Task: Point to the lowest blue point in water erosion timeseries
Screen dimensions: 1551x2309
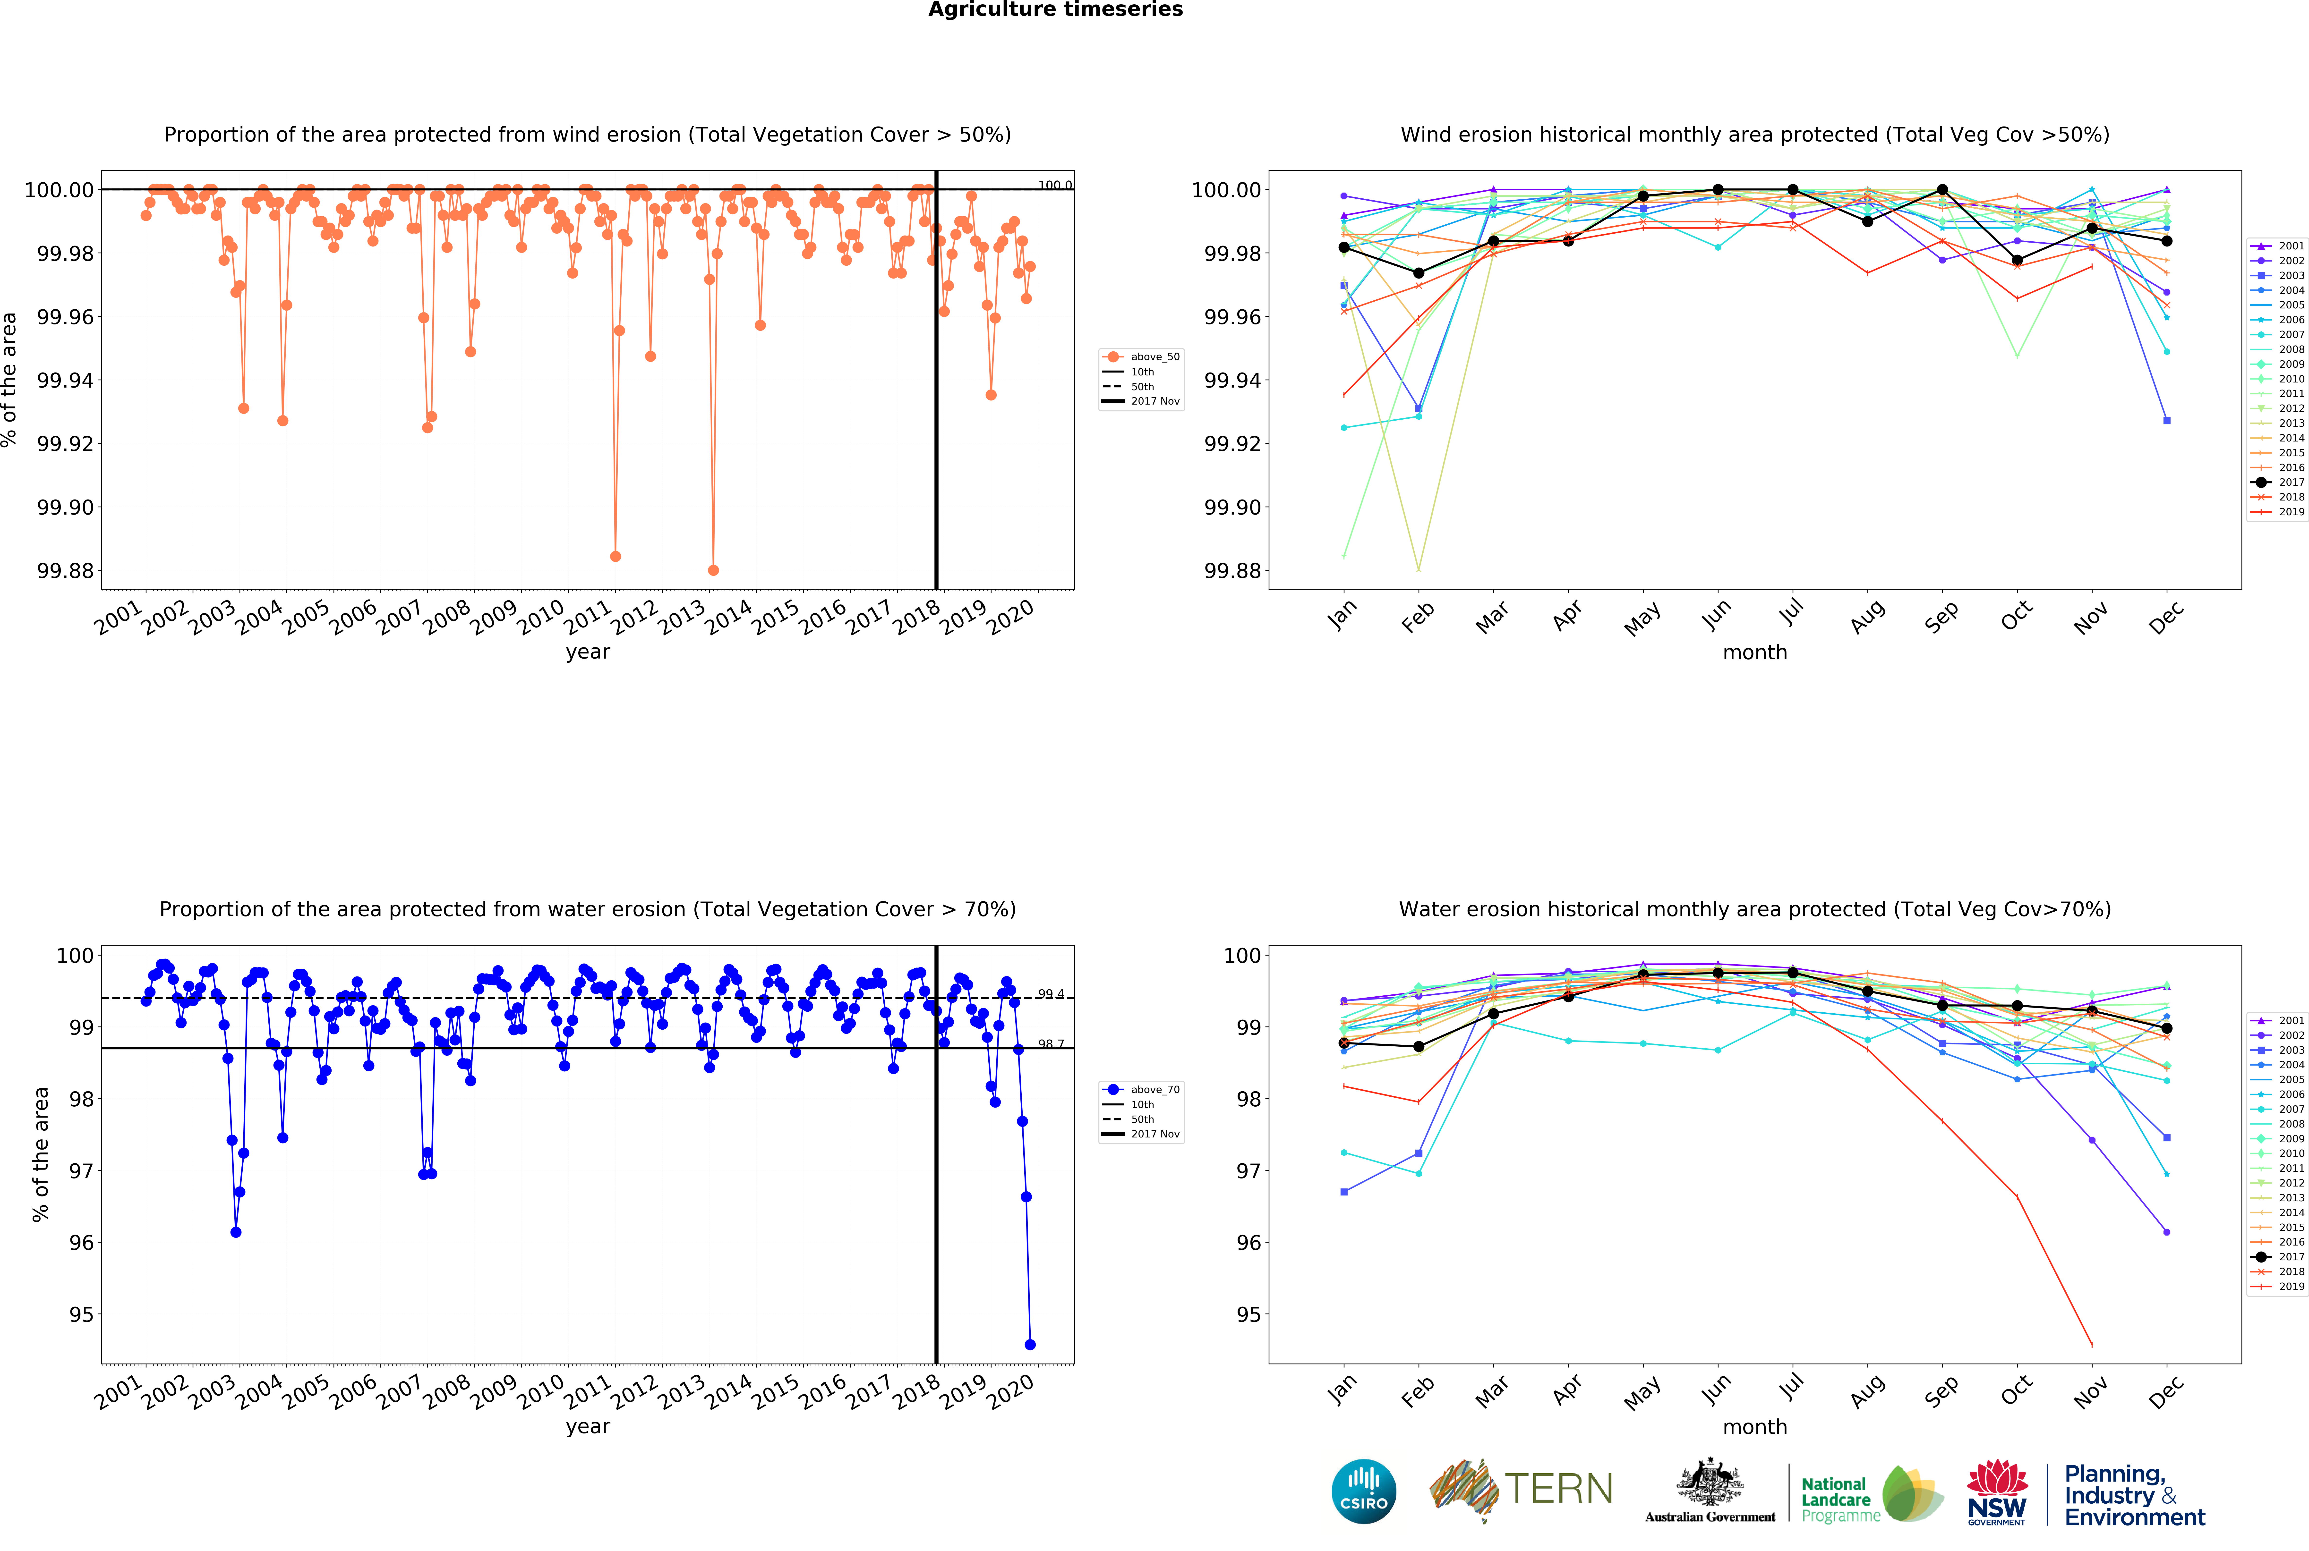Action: click(1030, 1344)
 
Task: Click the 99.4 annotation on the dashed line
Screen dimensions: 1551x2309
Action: click(1051, 994)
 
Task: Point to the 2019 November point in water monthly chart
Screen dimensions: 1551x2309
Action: click(2091, 1344)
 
